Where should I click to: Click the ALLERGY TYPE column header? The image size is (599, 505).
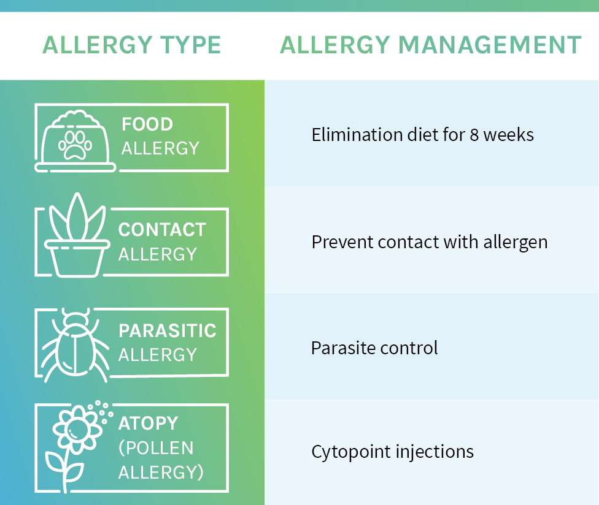point(132,45)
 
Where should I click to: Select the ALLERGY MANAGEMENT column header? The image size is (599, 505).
point(431,45)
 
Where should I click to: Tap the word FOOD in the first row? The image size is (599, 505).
point(147,124)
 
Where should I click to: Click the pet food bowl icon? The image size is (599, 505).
point(75,141)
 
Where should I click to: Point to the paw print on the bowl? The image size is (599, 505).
point(75,145)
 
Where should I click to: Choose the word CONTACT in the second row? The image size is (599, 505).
point(162,230)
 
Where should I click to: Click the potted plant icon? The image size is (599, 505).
point(77,235)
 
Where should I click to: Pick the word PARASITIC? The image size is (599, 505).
point(168,331)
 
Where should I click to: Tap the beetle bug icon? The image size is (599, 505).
point(75,345)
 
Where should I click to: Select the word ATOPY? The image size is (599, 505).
point(149,423)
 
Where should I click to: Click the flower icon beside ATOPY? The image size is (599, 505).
point(79,446)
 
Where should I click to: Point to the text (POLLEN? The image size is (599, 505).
point(156,448)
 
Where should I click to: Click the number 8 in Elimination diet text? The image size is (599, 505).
point(474,135)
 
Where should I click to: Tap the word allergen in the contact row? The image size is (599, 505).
point(516,243)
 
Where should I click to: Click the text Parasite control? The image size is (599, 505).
point(374,348)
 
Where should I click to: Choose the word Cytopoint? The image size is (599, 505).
point(351,452)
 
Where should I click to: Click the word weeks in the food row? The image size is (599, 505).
point(508,135)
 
